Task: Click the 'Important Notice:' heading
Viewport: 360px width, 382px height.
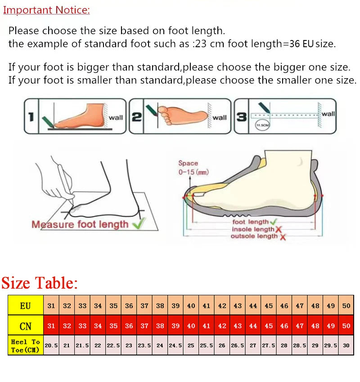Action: pos(46,10)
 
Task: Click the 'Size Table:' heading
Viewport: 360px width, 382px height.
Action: pos(40,283)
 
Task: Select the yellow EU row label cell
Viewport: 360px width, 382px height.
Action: pos(26,306)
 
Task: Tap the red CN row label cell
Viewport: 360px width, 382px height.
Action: pos(26,326)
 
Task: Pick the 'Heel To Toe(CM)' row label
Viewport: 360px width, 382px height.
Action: pos(26,345)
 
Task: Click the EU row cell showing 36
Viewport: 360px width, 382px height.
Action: pos(129,306)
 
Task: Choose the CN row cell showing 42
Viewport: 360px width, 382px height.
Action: pos(222,326)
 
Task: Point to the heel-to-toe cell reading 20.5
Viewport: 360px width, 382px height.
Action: pos(51,345)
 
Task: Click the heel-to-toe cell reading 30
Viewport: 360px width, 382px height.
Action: pos(346,345)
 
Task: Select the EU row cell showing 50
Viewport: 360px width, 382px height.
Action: pos(346,306)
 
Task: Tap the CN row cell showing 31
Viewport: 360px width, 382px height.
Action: pos(51,326)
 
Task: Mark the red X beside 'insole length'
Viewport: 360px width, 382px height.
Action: pos(279,229)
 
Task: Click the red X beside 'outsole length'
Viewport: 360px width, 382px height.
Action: pos(283,236)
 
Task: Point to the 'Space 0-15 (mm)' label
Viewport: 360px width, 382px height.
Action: pos(193,168)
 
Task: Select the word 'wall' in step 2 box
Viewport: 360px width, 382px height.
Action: pos(220,118)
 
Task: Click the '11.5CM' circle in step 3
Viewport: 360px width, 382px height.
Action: pos(262,125)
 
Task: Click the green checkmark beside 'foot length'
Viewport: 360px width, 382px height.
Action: pos(273,222)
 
